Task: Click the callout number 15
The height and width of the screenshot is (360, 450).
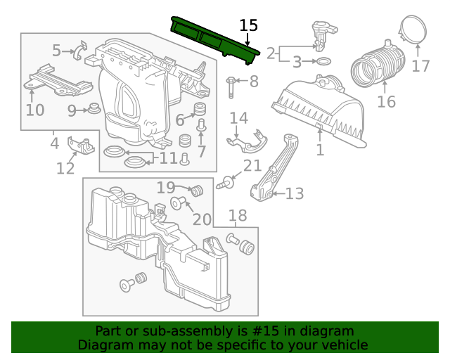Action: pyautogui.click(x=249, y=26)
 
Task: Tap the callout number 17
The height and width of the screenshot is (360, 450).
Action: pyautogui.click(x=420, y=66)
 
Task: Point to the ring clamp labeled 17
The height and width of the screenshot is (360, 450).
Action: pyautogui.click(x=415, y=31)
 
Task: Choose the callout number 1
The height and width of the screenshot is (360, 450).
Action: pyautogui.click(x=320, y=150)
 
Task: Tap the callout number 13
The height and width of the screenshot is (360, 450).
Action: pyautogui.click(x=295, y=193)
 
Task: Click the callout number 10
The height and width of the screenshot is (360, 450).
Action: pyautogui.click(x=35, y=110)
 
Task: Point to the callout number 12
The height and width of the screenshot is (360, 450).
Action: pyautogui.click(x=65, y=168)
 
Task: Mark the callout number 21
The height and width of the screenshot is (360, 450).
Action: pyautogui.click(x=252, y=166)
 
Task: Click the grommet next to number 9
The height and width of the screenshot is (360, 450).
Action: pyautogui.click(x=91, y=109)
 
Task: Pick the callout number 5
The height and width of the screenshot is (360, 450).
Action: pyautogui.click(x=57, y=50)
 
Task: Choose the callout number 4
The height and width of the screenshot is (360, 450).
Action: pyautogui.click(x=54, y=144)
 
